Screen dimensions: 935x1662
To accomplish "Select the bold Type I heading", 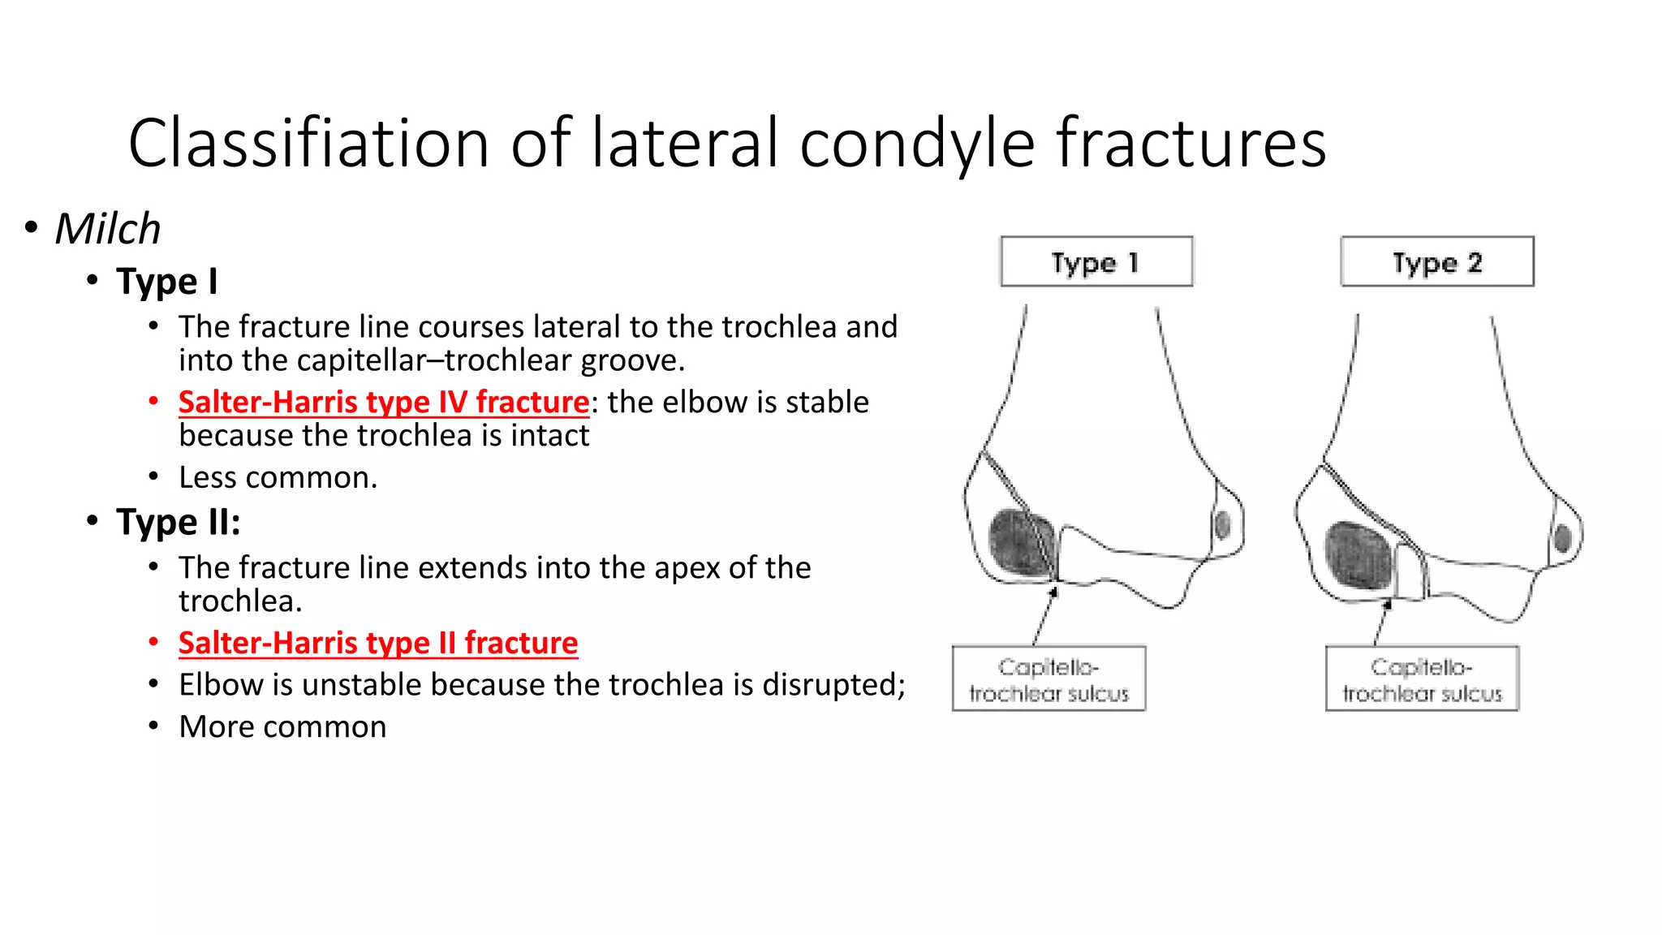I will [166, 282].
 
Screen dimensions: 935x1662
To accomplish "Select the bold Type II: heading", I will [178, 522].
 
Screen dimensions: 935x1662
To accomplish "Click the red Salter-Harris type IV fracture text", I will [383, 402].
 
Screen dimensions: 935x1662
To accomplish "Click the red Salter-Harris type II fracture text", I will [377, 643].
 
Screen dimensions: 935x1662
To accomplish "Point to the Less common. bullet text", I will [278, 477].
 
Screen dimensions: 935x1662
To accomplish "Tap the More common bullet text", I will [282, 726].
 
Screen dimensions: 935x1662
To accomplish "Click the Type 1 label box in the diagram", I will [1096, 261].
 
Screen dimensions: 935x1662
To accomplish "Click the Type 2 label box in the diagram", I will [1436, 261].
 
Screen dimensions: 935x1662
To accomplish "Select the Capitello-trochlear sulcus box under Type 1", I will [1048, 679].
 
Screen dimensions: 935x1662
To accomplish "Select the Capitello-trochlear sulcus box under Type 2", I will [1422, 679].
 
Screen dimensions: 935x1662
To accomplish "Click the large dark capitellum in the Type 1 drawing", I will [1021, 542].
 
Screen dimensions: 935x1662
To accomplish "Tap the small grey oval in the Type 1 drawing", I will [1222, 524].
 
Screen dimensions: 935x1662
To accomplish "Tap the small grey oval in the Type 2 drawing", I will [1562, 537].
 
